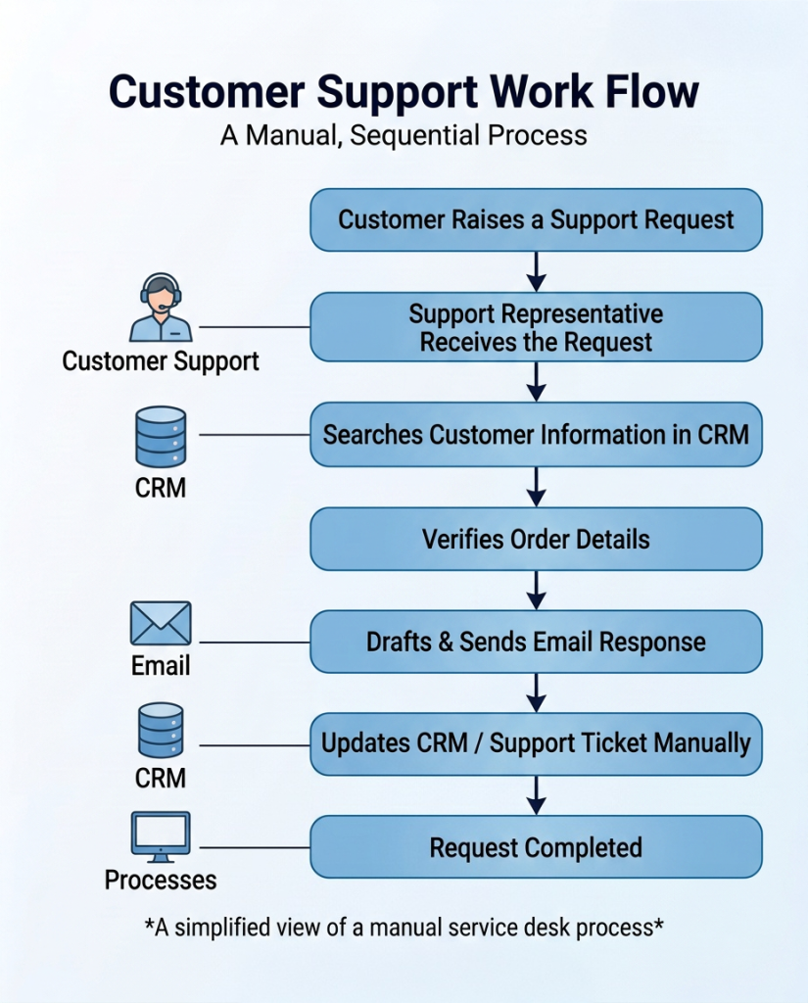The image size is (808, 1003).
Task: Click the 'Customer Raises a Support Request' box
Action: coord(536,219)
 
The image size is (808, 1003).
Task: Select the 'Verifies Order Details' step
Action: coord(536,539)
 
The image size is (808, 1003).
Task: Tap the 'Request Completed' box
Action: coord(536,847)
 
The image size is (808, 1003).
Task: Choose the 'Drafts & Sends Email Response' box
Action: coord(536,642)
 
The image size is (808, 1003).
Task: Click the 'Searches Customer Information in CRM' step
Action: coord(536,434)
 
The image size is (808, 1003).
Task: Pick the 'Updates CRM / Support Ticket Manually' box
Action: coord(536,744)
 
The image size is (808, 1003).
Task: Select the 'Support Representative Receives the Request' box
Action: coord(536,327)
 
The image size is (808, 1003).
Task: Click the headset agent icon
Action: coord(161,308)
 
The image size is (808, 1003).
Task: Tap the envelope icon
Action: coord(161,623)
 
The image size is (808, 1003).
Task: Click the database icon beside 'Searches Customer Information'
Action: coord(161,437)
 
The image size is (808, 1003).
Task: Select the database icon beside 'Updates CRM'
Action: coord(161,731)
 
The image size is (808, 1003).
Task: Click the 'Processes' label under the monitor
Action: coord(161,881)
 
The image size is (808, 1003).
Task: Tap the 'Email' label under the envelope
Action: coord(161,666)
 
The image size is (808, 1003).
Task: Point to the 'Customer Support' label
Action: coord(161,361)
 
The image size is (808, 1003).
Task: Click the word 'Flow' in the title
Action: coord(652,91)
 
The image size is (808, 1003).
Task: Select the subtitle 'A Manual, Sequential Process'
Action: coord(404,135)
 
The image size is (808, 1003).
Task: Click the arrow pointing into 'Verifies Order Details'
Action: coord(536,487)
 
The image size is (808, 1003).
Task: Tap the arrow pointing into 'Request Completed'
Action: coord(536,795)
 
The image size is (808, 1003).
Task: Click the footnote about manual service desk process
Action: coord(404,927)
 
